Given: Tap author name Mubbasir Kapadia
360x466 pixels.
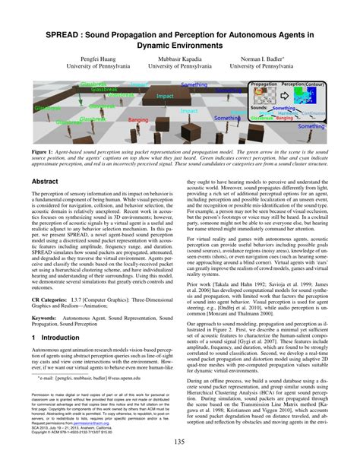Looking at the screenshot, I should (180, 56).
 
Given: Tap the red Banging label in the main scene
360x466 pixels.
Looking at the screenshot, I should (138, 120).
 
